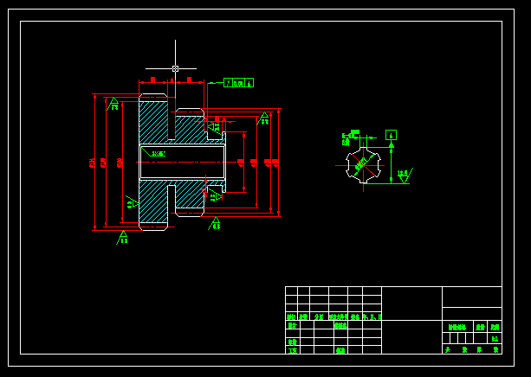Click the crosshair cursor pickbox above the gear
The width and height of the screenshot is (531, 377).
coord(175,68)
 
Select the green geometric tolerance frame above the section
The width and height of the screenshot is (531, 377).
coord(238,83)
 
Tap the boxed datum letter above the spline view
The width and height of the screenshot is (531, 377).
coord(391,135)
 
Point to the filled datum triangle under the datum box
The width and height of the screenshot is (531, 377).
coord(391,145)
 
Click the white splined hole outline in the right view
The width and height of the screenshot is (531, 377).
coord(363,164)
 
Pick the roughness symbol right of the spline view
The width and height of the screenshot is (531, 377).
coord(404,175)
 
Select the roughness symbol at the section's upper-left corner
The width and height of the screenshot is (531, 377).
coord(113,104)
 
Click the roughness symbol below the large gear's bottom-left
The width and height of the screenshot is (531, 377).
coord(123,236)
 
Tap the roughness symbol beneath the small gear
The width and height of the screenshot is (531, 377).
coord(216,224)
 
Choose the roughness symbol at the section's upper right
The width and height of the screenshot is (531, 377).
coord(264,118)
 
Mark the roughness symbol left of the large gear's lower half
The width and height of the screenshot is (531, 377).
coord(131,203)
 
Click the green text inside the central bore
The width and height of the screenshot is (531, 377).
coord(158,154)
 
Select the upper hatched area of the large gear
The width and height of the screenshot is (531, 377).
coord(153,121)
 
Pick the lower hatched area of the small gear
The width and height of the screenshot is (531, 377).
coord(190,196)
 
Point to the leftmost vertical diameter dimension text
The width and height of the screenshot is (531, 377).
coord(92,163)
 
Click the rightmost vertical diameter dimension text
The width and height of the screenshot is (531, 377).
coord(275,162)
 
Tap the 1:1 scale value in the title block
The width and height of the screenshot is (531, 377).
coord(495,339)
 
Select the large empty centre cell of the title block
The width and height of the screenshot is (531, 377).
coord(411,304)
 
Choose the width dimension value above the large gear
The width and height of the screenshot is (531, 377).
coord(152,80)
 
